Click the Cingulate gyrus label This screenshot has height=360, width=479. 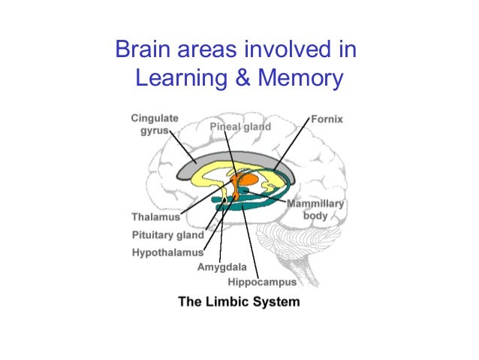pos(155,124)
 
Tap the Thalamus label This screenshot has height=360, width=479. pos(156,216)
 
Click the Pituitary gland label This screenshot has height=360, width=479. pos(168,234)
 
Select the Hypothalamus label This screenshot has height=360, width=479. pos(167,252)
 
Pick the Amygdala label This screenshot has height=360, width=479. pos(223,267)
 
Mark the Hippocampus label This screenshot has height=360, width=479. pos(263,282)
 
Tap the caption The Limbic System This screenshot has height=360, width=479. pos(239,302)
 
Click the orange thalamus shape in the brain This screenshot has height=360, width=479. pos(246,181)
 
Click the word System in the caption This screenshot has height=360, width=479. pos(276,302)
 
